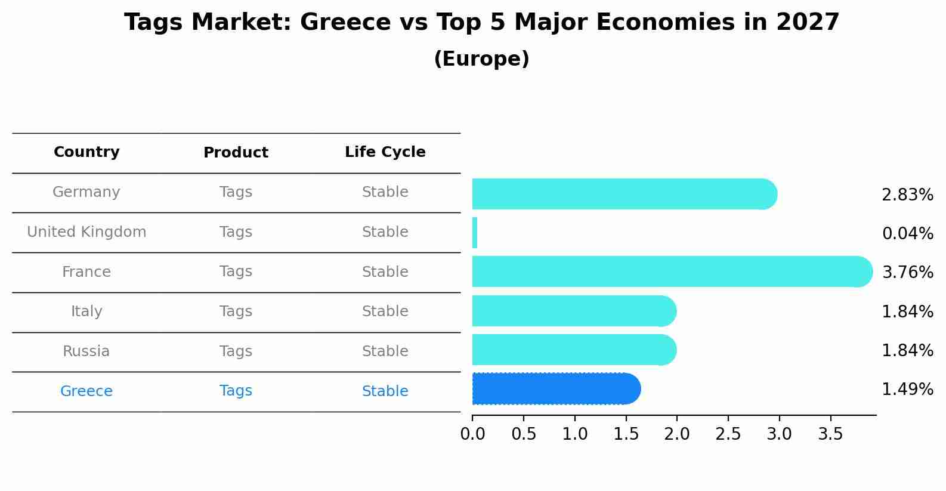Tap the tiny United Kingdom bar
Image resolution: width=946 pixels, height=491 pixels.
point(475,233)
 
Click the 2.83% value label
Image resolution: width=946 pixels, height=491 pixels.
point(907,195)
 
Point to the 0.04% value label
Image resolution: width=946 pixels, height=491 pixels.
point(907,234)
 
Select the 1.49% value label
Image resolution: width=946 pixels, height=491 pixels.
point(907,390)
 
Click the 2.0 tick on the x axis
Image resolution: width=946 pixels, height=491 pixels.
point(677,434)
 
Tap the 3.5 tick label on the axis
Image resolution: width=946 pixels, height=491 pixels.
point(830,434)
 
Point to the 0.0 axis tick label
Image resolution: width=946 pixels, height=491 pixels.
point(472,434)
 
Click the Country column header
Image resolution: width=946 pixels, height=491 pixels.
point(86,152)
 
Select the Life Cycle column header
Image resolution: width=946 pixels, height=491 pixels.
point(385,152)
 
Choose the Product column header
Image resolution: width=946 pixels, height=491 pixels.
point(236,153)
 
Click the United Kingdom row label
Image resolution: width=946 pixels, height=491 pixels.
point(86,232)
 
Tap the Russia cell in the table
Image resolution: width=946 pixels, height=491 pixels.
point(86,351)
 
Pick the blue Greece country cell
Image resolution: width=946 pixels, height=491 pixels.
point(86,391)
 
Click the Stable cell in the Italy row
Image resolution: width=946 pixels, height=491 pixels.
point(385,311)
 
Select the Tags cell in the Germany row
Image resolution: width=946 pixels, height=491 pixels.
point(236,192)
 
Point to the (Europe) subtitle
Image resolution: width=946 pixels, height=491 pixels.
point(481,59)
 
